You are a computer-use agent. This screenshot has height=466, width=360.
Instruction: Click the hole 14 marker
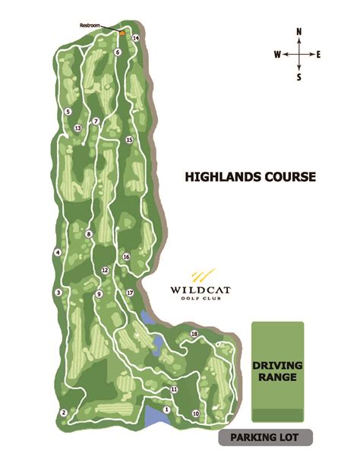click(x=136, y=38)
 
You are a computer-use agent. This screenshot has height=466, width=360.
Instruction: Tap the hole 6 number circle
click(x=118, y=52)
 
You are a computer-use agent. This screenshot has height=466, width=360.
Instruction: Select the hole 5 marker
click(x=68, y=113)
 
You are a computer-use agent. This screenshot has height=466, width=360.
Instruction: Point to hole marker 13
click(x=78, y=128)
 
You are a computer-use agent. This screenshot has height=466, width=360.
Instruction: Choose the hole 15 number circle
click(x=130, y=140)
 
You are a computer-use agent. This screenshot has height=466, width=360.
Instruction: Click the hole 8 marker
click(x=89, y=234)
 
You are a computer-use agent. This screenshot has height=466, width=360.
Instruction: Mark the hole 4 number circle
click(x=57, y=252)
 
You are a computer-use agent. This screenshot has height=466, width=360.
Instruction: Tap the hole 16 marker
click(x=126, y=257)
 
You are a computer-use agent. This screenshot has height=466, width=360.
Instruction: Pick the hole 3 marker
click(x=58, y=292)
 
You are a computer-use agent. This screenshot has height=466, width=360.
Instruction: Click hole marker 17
click(x=130, y=293)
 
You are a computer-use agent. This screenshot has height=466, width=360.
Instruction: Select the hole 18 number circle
click(x=194, y=334)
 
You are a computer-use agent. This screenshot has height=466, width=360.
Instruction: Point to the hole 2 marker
click(x=64, y=413)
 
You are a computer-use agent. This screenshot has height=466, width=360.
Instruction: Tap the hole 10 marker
click(x=195, y=414)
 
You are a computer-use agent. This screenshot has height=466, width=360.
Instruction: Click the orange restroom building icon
click(x=122, y=32)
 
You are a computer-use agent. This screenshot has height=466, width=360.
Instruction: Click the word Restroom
click(x=90, y=26)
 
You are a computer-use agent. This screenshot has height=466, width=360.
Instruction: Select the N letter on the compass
click(x=299, y=32)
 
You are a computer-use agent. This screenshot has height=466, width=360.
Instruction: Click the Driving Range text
click(x=277, y=370)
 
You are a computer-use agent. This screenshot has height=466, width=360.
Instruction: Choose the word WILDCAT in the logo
click(x=201, y=290)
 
